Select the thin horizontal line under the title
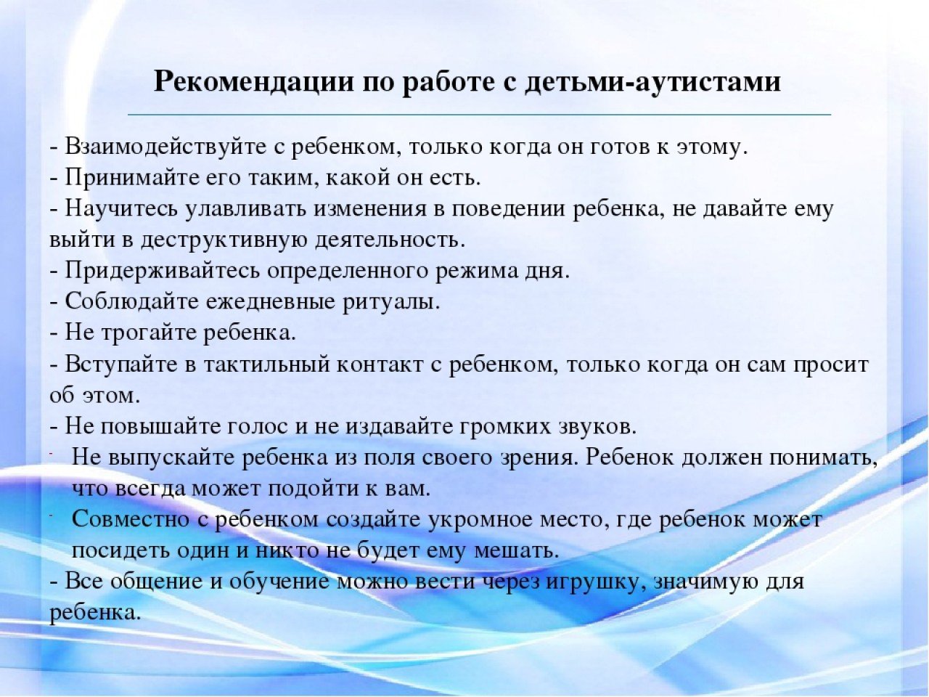click(479, 115)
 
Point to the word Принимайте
click(132, 178)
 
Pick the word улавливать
click(246, 209)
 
